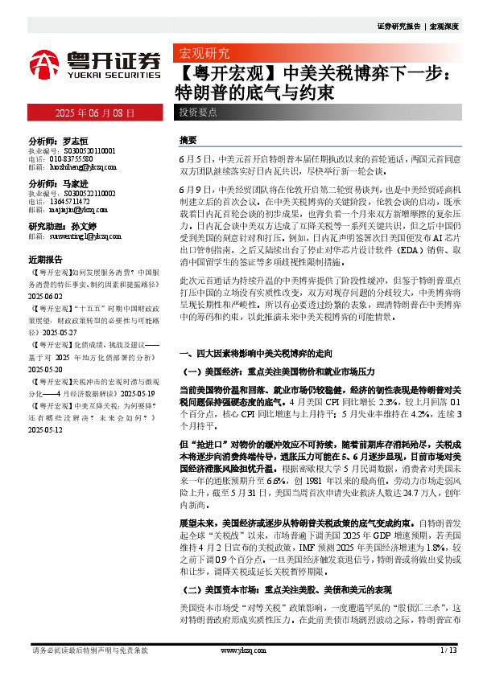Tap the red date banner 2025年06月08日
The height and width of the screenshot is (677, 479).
tap(94, 113)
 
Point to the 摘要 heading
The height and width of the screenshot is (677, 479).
tap(188, 139)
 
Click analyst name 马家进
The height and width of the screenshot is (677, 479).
tap(76, 183)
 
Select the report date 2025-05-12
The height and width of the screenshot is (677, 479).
tap(46, 430)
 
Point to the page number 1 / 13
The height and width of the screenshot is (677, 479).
tap(449, 650)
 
